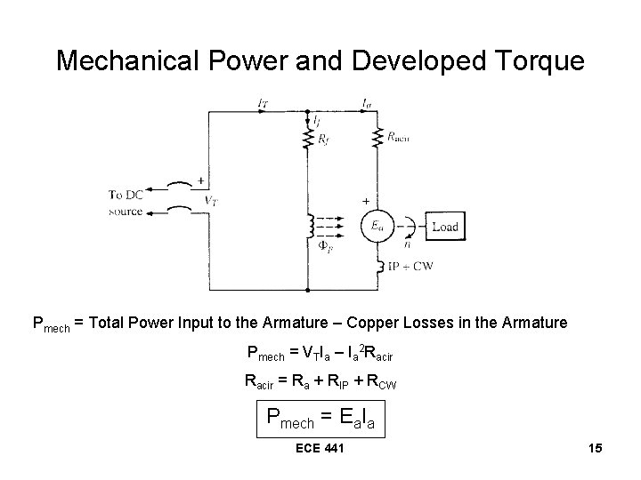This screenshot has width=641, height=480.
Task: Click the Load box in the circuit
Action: click(x=444, y=226)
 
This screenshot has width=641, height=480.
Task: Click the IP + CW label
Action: click(x=411, y=267)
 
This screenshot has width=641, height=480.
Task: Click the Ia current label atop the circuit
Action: click(x=367, y=103)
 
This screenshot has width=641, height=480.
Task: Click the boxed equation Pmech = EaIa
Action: click(x=320, y=417)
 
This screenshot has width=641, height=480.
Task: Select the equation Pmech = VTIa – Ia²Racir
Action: click(x=320, y=352)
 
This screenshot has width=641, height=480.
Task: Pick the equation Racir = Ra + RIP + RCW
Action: click(x=320, y=382)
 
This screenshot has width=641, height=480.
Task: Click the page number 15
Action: click(x=596, y=447)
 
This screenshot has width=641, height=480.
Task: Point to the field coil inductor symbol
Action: click(x=308, y=228)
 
